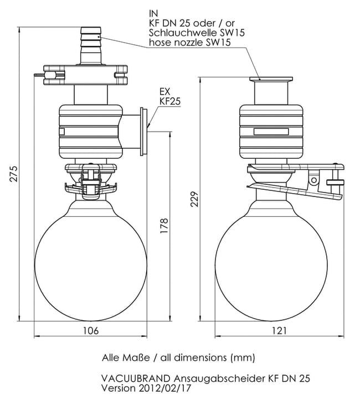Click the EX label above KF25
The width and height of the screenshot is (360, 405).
(x=164, y=91)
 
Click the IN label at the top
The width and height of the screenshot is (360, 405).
(x=154, y=12)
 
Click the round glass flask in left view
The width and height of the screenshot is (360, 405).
(x=91, y=259)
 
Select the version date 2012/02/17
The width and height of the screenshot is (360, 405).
(x=164, y=388)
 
